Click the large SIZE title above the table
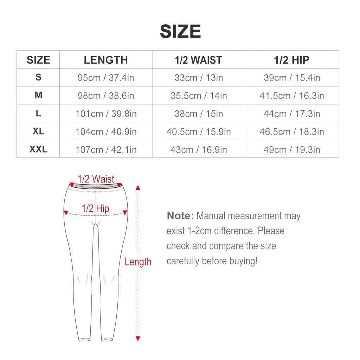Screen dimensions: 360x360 [x=180, y=31]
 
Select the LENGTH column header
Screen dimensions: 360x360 [x=106, y=60]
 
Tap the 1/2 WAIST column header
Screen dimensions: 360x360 [x=198, y=60]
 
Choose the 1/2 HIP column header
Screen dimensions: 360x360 [x=291, y=60]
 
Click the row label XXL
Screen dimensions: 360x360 [x=38, y=149]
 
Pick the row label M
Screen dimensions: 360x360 [x=38, y=95]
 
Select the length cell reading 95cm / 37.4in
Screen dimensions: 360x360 [x=106, y=78]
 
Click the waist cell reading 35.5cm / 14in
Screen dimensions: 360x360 [x=199, y=96]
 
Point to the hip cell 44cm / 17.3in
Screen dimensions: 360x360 [x=291, y=114]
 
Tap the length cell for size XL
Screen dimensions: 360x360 [x=106, y=131]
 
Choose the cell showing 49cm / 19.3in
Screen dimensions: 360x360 [x=291, y=150]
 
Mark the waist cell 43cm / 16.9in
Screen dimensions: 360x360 [x=199, y=150]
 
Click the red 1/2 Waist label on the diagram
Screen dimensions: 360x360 [x=96, y=179]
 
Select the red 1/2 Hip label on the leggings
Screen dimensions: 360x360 [x=95, y=208]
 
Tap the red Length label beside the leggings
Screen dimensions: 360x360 [x=138, y=262]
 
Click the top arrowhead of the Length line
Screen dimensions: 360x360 [x=138, y=188]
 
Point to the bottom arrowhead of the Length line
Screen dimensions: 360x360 [x=138, y=339]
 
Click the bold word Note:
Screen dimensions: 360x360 [x=180, y=216]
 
